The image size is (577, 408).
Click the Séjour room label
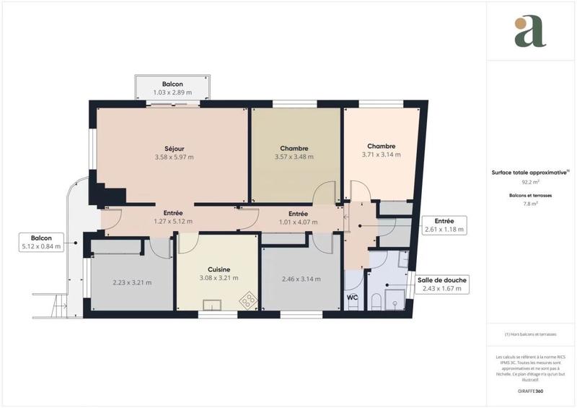coord(174,147)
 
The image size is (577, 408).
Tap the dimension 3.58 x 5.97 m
coord(174,157)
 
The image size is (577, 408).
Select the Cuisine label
coord(218,267)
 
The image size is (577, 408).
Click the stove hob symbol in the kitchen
coord(249,300)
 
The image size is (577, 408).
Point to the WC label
coord(353,297)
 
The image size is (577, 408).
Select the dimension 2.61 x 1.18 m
coord(444,230)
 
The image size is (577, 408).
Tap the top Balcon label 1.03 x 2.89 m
coord(172,93)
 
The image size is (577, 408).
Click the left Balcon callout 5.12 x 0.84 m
coord(41,246)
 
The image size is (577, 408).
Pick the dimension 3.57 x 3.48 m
coord(294,157)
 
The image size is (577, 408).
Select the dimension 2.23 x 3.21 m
coord(132,282)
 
